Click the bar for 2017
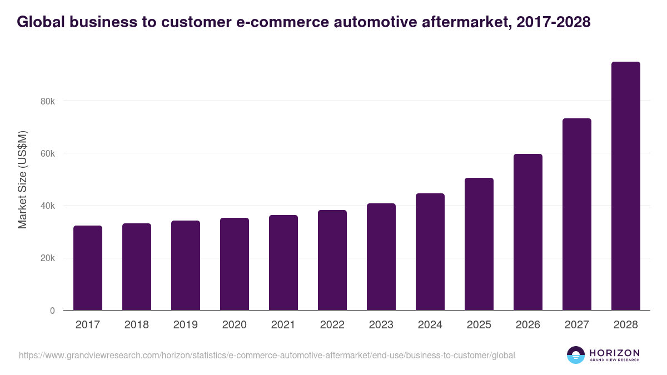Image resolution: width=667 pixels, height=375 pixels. tap(88, 268)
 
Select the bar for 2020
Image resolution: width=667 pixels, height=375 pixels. tap(235, 264)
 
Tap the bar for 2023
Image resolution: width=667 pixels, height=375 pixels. tap(381, 257)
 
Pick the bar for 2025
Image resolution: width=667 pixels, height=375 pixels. tap(479, 244)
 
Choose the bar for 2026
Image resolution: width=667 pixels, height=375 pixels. tap(528, 232)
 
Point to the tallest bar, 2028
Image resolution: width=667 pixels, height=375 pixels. tap(626, 186)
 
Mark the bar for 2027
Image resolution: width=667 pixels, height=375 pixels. tap(577, 214)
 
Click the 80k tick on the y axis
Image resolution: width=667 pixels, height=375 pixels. tap(47, 101)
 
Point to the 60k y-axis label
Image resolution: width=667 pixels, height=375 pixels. tap(47, 153)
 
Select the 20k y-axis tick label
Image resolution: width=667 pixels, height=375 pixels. tap(47, 258)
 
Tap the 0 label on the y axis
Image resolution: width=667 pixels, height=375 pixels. tap(52, 311)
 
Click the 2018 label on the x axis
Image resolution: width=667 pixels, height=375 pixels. tap(137, 325)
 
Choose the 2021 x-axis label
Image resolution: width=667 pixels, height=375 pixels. tap(283, 325)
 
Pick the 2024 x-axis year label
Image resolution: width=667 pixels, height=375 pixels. tap(430, 325)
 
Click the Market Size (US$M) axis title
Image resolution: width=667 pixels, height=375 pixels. tap(22, 180)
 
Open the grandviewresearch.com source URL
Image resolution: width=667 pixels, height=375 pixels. tap(267, 355)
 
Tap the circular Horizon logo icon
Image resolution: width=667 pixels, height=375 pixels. tap(576, 355)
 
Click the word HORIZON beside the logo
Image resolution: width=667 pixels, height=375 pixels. tap(614, 352)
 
